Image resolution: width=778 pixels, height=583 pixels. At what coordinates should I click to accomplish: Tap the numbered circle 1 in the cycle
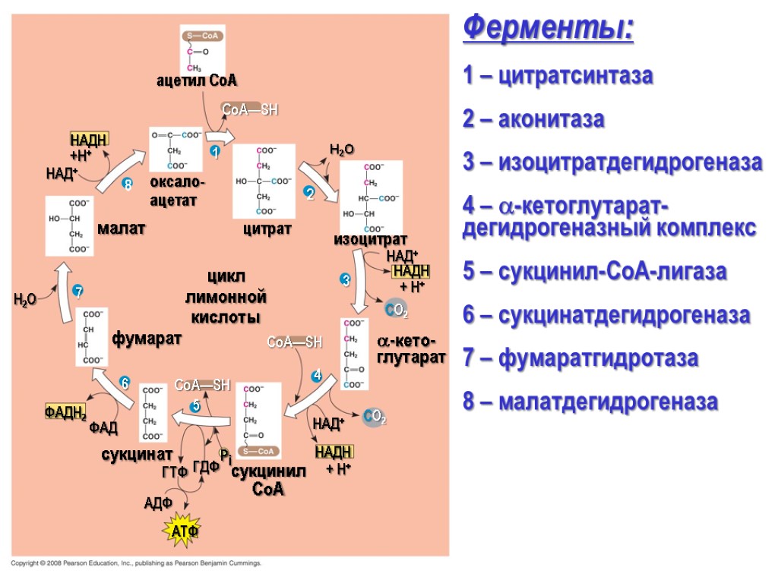point(215,153)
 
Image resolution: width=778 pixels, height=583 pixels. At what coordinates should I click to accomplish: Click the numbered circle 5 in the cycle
point(195,407)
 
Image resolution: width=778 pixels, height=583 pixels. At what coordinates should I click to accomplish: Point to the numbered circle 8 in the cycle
point(128,184)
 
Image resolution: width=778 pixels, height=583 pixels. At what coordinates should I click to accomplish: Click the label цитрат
point(267,228)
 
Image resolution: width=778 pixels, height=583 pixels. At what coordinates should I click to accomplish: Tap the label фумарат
point(147,338)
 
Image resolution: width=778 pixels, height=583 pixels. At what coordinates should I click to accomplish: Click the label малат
point(122,228)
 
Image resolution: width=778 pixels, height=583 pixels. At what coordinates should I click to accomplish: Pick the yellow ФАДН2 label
point(65,412)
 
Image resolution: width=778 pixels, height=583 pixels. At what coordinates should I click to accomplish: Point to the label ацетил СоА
point(197,80)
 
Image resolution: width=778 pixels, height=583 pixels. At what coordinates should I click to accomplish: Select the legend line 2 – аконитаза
point(534,120)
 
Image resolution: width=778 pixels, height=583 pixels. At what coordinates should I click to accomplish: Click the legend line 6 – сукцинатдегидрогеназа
point(606,314)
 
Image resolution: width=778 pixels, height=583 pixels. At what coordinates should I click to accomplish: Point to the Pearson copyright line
point(136,563)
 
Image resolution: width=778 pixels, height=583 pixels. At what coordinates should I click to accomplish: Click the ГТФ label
point(175,471)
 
